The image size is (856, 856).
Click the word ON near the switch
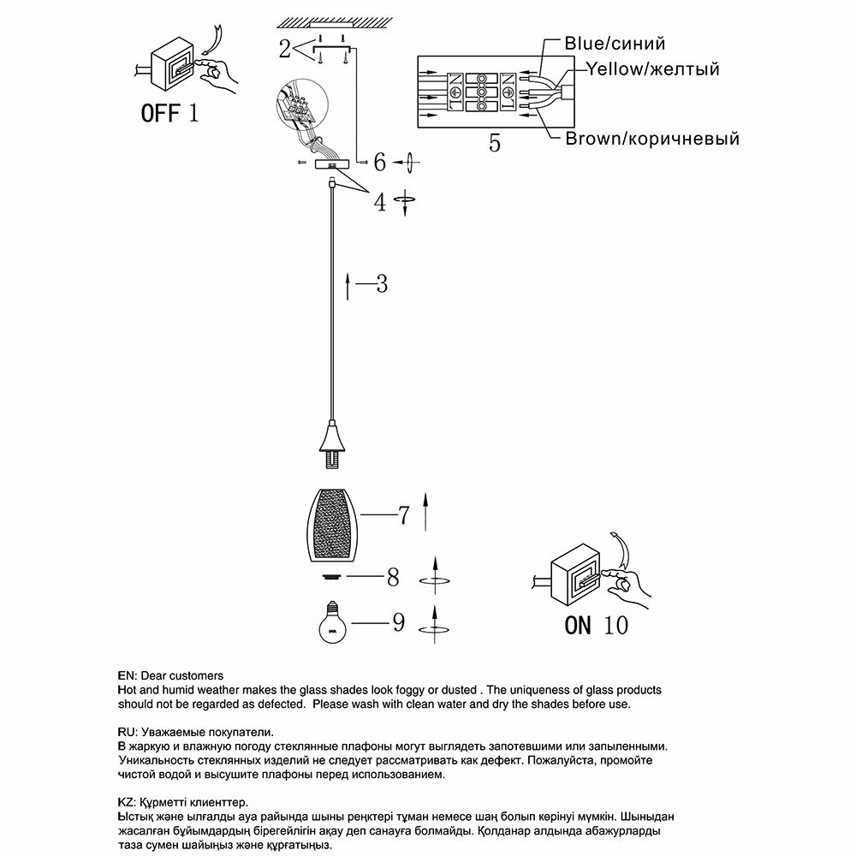pos(578,625)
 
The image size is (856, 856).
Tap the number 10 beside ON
pos(615,625)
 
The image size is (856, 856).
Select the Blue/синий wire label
pos(614,43)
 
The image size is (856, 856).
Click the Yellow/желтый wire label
pos(652,69)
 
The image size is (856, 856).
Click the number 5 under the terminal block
pos(495,143)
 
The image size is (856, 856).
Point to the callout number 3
pos(382,283)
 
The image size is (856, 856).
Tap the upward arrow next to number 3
pos(348,286)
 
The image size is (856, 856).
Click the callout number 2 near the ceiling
pos(284,50)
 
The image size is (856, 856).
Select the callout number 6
pos(380,161)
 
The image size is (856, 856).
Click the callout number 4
pos(380,203)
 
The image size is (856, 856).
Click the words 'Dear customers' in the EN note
pos(181,675)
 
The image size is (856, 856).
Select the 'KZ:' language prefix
pos(126,803)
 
